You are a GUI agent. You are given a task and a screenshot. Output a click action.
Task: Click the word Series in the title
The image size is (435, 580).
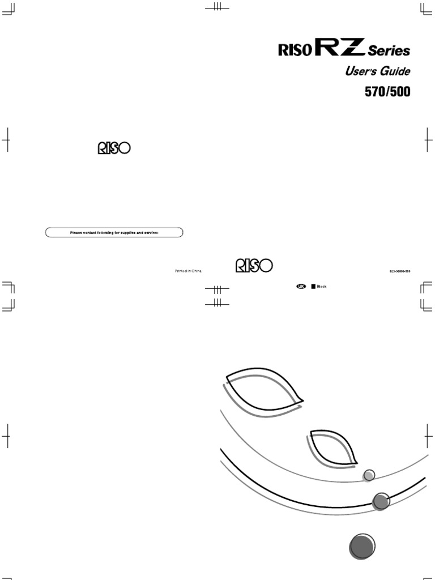(389, 52)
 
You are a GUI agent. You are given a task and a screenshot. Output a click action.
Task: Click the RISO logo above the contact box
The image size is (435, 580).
(113, 148)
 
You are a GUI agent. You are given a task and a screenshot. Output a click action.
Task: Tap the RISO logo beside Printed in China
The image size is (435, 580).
(254, 266)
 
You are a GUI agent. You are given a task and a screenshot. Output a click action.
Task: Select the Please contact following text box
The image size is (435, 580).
(114, 232)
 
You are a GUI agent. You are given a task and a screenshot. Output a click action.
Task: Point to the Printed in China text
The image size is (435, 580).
(188, 271)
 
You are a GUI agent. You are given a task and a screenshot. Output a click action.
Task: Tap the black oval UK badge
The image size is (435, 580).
(301, 287)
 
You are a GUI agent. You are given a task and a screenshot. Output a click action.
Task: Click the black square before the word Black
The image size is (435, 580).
(313, 287)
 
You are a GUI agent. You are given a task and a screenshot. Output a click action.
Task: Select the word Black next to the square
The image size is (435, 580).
(322, 287)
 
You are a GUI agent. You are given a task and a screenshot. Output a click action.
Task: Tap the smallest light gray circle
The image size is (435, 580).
(369, 475)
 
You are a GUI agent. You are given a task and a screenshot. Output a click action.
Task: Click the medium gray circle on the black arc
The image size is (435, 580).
(381, 501)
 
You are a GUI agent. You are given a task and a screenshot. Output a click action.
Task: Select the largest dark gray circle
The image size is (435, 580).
(361, 547)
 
